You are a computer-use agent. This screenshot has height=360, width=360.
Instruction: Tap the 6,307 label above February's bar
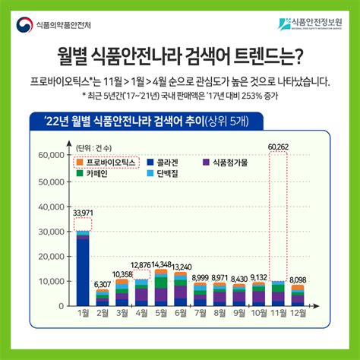(102, 285)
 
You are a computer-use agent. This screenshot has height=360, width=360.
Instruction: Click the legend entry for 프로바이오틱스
(109, 162)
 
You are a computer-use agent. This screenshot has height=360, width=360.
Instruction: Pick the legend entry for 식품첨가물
(231, 162)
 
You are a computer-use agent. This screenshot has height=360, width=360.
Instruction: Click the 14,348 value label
(161, 264)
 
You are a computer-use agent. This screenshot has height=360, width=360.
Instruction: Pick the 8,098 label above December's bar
(298, 280)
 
